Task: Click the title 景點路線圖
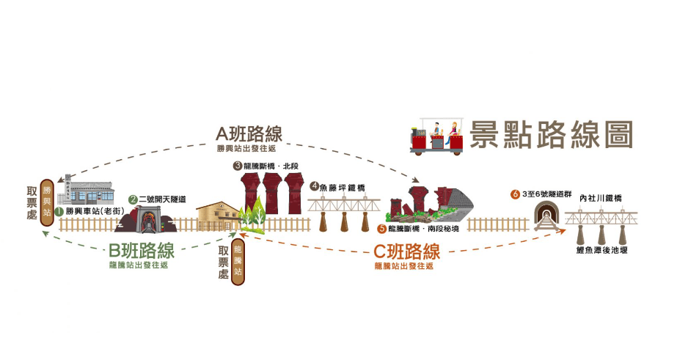pyautogui.click(x=552, y=136)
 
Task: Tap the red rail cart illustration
pyautogui.click(x=439, y=137)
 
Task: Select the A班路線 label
pyautogui.click(x=249, y=134)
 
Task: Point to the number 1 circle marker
pyautogui.click(x=59, y=210)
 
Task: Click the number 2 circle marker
pyautogui.click(x=133, y=199)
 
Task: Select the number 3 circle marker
pyautogui.click(x=238, y=166)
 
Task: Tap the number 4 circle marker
pyautogui.click(x=314, y=187)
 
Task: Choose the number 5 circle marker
pyautogui.click(x=381, y=228)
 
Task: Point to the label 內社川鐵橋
pyautogui.click(x=601, y=198)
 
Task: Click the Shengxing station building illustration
pyautogui.click(x=91, y=195)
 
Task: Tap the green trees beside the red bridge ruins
pyautogui.click(x=251, y=215)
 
